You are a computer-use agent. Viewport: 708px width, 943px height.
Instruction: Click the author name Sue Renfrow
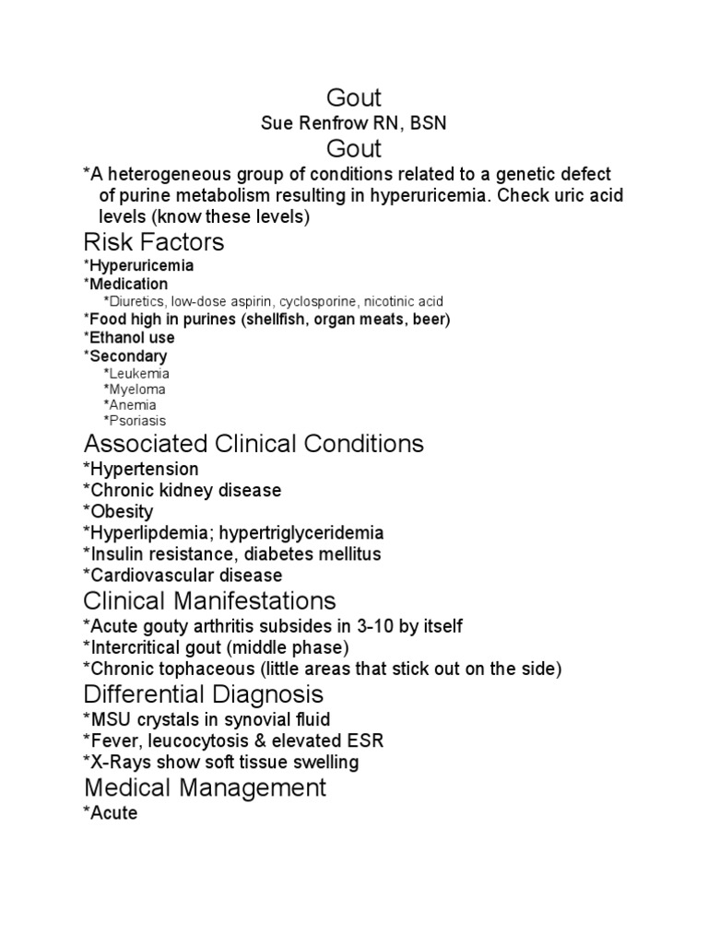(312, 123)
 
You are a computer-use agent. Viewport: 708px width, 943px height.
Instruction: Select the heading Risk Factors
(154, 242)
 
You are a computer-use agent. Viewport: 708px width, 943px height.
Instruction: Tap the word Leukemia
(139, 375)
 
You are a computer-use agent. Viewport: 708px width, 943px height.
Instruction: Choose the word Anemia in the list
(133, 404)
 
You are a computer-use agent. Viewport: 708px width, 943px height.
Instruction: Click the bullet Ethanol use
(129, 338)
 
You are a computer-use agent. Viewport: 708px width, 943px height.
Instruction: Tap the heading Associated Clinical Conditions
(254, 444)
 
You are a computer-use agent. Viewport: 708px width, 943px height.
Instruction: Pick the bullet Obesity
(119, 512)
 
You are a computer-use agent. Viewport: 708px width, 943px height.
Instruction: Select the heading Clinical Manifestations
(209, 601)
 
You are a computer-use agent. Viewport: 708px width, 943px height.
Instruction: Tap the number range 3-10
(381, 626)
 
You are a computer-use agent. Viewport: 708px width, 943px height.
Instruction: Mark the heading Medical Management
(205, 787)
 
